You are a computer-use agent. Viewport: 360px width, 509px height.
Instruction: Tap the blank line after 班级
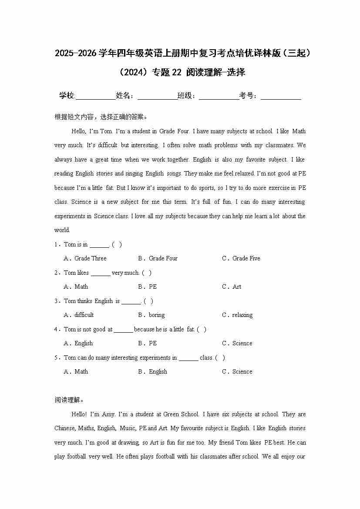point(219,96)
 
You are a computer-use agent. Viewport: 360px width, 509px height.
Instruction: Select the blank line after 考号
point(281,96)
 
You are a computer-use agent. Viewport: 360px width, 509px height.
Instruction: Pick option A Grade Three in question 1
point(85,258)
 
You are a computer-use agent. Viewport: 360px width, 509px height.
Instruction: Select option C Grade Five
point(241,258)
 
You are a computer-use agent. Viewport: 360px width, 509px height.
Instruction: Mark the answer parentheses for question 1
point(117,245)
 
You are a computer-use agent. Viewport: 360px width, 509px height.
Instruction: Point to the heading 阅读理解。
point(69,400)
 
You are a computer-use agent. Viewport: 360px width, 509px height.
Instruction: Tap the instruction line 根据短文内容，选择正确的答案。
point(101,117)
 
